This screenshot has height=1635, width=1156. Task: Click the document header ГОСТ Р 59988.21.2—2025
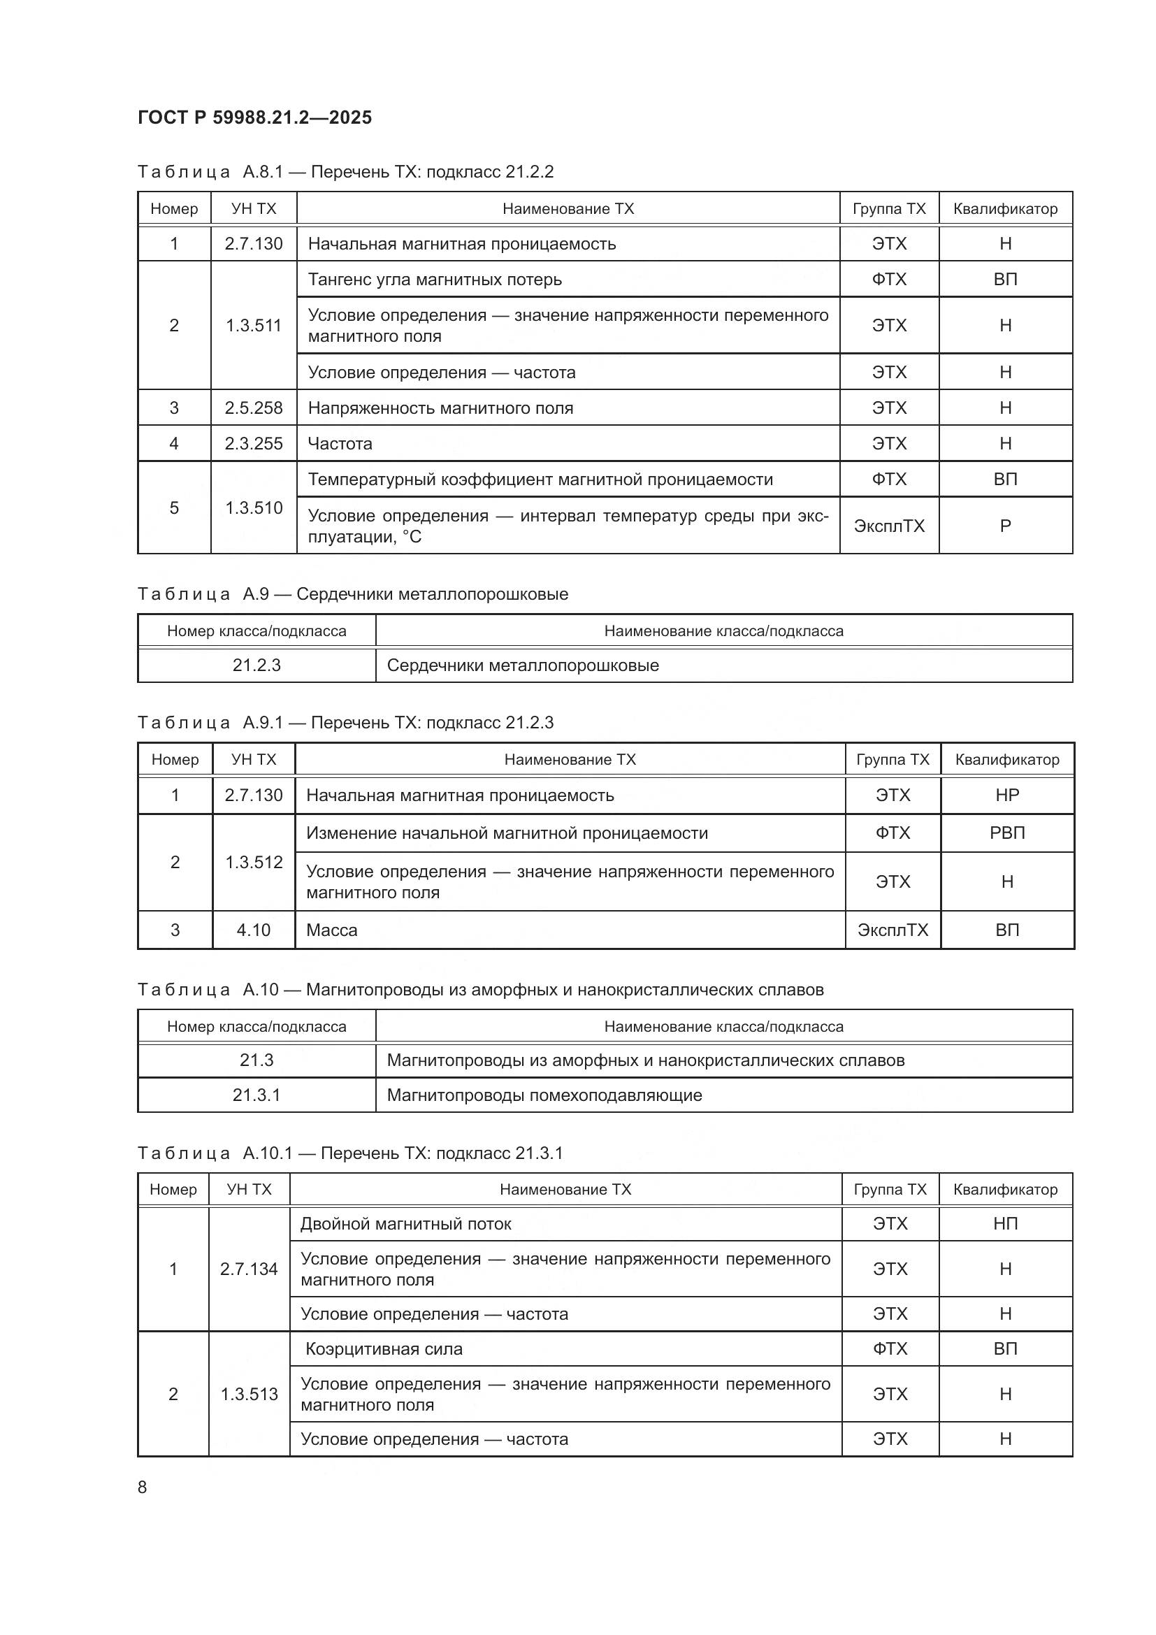click(254, 117)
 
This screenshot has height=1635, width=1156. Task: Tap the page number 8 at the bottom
click(143, 1487)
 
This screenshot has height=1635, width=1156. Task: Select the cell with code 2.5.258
click(254, 408)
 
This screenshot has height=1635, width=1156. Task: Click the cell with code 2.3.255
click(254, 444)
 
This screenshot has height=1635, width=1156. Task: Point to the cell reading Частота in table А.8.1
click(340, 444)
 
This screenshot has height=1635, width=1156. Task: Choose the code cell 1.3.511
click(254, 326)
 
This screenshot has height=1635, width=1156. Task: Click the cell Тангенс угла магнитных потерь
click(434, 279)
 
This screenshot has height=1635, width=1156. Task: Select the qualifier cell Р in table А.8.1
click(1005, 526)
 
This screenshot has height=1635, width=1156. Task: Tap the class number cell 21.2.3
click(257, 665)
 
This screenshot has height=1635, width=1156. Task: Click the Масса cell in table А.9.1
click(332, 930)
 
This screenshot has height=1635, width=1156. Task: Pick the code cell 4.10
click(254, 930)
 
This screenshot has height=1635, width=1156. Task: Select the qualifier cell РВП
click(1006, 833)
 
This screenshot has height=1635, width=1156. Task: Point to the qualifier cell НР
click(1006, 795)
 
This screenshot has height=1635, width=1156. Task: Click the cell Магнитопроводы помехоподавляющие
click(544, 1095)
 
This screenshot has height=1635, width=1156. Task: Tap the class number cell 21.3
click(257, 1060)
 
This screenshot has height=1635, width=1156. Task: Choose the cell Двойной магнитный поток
click(406, 1224)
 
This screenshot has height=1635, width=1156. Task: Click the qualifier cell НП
click(1005, 1224)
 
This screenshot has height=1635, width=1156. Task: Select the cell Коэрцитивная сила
click(384, 1348)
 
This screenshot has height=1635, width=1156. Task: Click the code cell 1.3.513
click(249, 1394)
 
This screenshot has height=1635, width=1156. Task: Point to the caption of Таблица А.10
click(479, 990)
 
